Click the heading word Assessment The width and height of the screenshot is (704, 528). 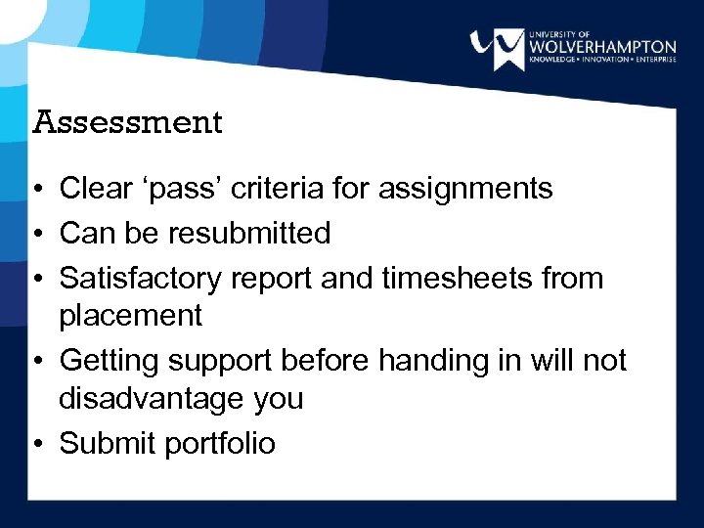(128, 123)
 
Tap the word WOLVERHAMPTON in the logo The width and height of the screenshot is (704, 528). (601, 46)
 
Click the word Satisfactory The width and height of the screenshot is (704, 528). (141, 279)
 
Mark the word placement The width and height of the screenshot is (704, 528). (131, 316)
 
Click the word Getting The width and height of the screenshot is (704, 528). (110, 362)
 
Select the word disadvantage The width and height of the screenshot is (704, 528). (152, 399)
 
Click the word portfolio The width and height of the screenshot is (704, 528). (220, 444)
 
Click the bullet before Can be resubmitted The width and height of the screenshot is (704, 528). (36, 234)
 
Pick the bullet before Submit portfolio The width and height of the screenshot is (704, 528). (36, 444)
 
